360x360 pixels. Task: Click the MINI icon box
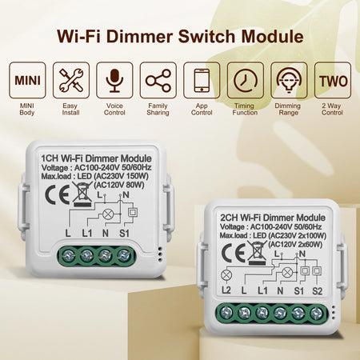click(30, 81)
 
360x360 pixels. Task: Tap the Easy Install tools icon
click(73, 81)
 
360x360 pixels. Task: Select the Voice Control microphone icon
click(115, 81)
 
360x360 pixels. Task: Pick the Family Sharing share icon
click(158, 81)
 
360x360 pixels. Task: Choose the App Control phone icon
click(202, 81)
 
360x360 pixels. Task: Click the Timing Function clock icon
click(245, 81)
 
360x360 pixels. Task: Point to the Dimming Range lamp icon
click(288, 81)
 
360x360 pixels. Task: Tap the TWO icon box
click(330, 81)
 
